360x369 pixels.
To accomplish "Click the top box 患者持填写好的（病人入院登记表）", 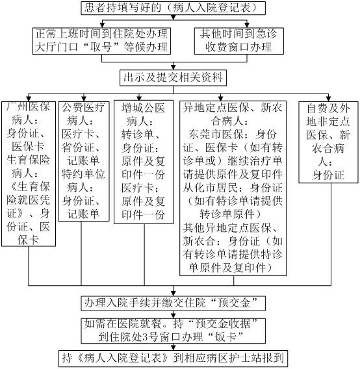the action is tap(174, 8).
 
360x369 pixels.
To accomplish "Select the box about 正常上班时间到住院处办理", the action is tap(101, 41).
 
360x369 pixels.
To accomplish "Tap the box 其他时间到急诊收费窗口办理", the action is tap(238, 41).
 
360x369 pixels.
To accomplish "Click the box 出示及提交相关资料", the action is tap(173, 78).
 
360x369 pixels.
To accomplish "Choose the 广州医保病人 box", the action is tap(29, 174).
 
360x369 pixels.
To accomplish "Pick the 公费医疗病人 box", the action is tap(84, 161).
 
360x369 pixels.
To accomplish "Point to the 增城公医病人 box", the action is tap(144, 162).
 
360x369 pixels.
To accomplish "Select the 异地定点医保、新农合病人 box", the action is tap(233, 188).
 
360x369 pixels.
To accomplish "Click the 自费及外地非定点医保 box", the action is tap(328, 142).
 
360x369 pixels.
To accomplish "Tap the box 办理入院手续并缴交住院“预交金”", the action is tap(174, 303).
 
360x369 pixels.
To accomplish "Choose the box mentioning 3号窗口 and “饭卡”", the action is tap(174, 331).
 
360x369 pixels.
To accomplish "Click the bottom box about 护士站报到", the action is tap(173, 359).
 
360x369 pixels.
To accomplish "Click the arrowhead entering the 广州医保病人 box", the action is tap(29, 99).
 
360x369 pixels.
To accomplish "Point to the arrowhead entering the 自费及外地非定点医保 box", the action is tap(328, 99).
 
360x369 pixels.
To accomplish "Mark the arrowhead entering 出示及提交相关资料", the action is tap(174, 67).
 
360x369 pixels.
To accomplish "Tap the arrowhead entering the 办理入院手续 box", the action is tap(174, 294).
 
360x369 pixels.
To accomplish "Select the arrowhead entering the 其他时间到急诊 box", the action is tap(247, 25).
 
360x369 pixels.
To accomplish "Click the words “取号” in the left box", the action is tap(101, 47).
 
